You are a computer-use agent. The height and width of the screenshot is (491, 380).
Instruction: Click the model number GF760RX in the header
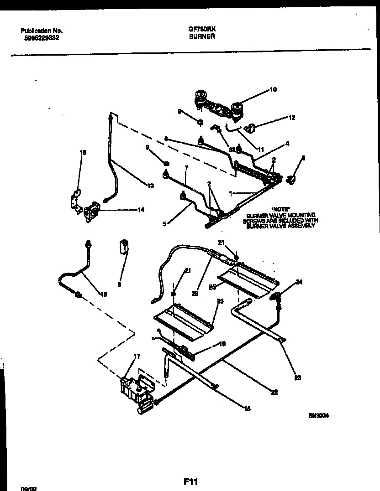pos(201,28)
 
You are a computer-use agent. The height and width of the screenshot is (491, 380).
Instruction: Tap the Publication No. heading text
pos(42,31)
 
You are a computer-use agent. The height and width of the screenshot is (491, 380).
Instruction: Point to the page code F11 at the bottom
pos(190,481)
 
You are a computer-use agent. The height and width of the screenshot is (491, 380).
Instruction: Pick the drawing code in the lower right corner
pos(319,415)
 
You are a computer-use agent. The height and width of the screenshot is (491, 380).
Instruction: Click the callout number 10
pos(273,90)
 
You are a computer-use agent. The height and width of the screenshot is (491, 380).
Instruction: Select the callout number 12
pos(292,118)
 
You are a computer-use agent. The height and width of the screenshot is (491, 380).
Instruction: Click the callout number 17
pos(137,356)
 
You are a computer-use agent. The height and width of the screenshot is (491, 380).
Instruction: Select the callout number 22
pos(274,392)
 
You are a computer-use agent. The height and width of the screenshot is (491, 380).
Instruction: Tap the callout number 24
pos(299,282)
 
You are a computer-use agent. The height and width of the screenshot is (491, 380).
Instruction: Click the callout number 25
pos(212,288)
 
